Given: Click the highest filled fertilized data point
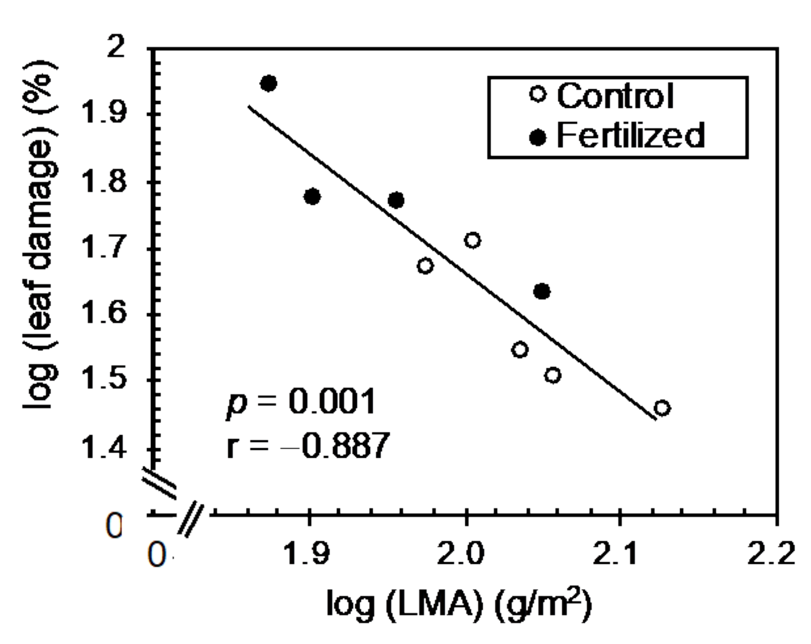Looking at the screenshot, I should (x=268, y=83).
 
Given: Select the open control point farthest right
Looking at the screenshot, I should (x=662, y=408).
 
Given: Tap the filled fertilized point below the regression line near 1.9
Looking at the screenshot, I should (x=312, y=197).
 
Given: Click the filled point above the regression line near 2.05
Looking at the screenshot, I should (x=541, y=291).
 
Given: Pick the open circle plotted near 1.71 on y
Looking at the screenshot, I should (x=472, y=240).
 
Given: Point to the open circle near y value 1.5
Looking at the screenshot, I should (x=552, y=375).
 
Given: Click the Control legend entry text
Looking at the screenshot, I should (x=615, y=96).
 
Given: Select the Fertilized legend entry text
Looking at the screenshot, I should (x=630, y=135).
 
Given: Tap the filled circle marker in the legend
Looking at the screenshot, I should (x=538, y=138).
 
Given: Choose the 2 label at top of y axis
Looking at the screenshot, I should (x=116, y=47).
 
